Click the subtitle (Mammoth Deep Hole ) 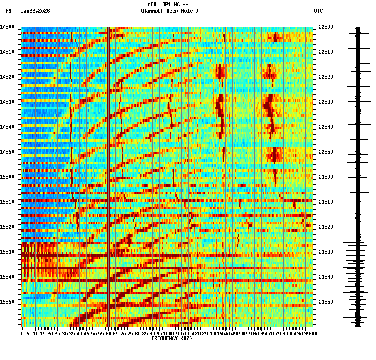[x=169, y=11]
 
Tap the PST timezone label [x=10, y=11]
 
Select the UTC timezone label [x=318, y=11]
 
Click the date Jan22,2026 [x=35, y=11]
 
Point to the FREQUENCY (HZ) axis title [x=172, y=338]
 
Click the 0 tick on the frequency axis [x=21, y=333]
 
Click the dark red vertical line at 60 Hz [x=108, y=167]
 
